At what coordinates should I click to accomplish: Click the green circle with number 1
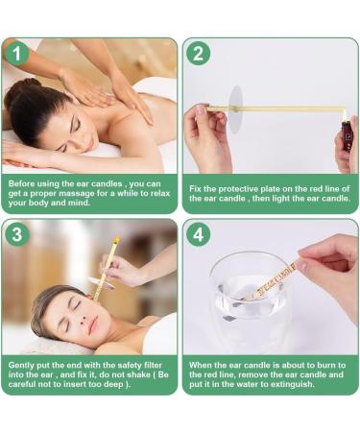(17, 54)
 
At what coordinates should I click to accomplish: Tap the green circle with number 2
(199, 54)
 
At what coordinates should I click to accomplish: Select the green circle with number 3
(17, 234)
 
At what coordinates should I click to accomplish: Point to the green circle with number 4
(199, 234)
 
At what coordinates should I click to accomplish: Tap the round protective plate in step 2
(236, 109)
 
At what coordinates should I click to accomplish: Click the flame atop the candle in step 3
(116, 238)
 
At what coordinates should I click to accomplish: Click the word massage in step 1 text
(77, 193)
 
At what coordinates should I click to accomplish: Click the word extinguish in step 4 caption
(292, 384)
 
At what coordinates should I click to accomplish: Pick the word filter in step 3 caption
(153, 365)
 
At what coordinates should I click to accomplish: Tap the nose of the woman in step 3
(84, 318)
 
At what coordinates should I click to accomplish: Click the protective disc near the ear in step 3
(101, 284)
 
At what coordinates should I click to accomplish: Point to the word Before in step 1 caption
(21, 183)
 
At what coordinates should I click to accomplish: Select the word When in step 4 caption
(199, 365)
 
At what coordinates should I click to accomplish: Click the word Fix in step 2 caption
(195, 189)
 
